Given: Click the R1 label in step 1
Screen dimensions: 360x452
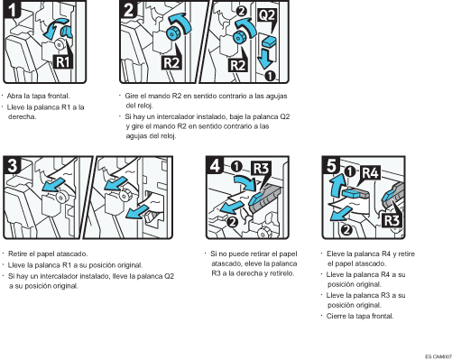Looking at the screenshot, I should click(x=60, y=62).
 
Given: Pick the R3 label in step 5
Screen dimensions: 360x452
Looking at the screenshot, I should click(x=391, y=219).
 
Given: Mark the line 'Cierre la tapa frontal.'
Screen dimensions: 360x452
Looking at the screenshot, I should click(x=360, y=316).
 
